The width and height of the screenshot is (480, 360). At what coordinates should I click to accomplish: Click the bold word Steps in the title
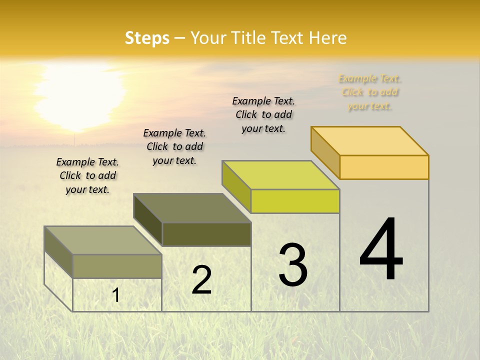[147, 38]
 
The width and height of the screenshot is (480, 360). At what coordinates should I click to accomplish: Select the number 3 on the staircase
[293, 265]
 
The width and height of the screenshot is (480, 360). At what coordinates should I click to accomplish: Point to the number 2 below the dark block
[202, 280]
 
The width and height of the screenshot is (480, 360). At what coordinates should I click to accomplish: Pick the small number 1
[116, 295]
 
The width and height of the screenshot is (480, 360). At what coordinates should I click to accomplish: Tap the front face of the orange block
[384, 167]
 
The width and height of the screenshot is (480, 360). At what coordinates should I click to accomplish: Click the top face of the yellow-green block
[281, 175]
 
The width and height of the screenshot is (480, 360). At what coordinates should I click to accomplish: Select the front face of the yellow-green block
[295, 201]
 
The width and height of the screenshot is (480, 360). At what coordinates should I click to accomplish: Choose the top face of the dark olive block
[192, 208]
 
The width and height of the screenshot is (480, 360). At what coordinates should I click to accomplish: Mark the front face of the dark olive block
[206, 234]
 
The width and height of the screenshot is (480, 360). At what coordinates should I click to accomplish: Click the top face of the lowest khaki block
[103, 240]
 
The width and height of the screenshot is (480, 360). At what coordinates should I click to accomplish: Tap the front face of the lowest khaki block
[117, 266]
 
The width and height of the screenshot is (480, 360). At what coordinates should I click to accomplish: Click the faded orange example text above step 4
[369, 92]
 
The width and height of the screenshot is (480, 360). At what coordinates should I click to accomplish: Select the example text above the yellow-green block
[263, 114]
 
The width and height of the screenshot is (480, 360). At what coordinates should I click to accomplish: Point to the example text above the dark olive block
[174, 146]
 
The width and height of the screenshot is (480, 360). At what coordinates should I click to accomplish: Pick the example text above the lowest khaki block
[87, 175]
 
